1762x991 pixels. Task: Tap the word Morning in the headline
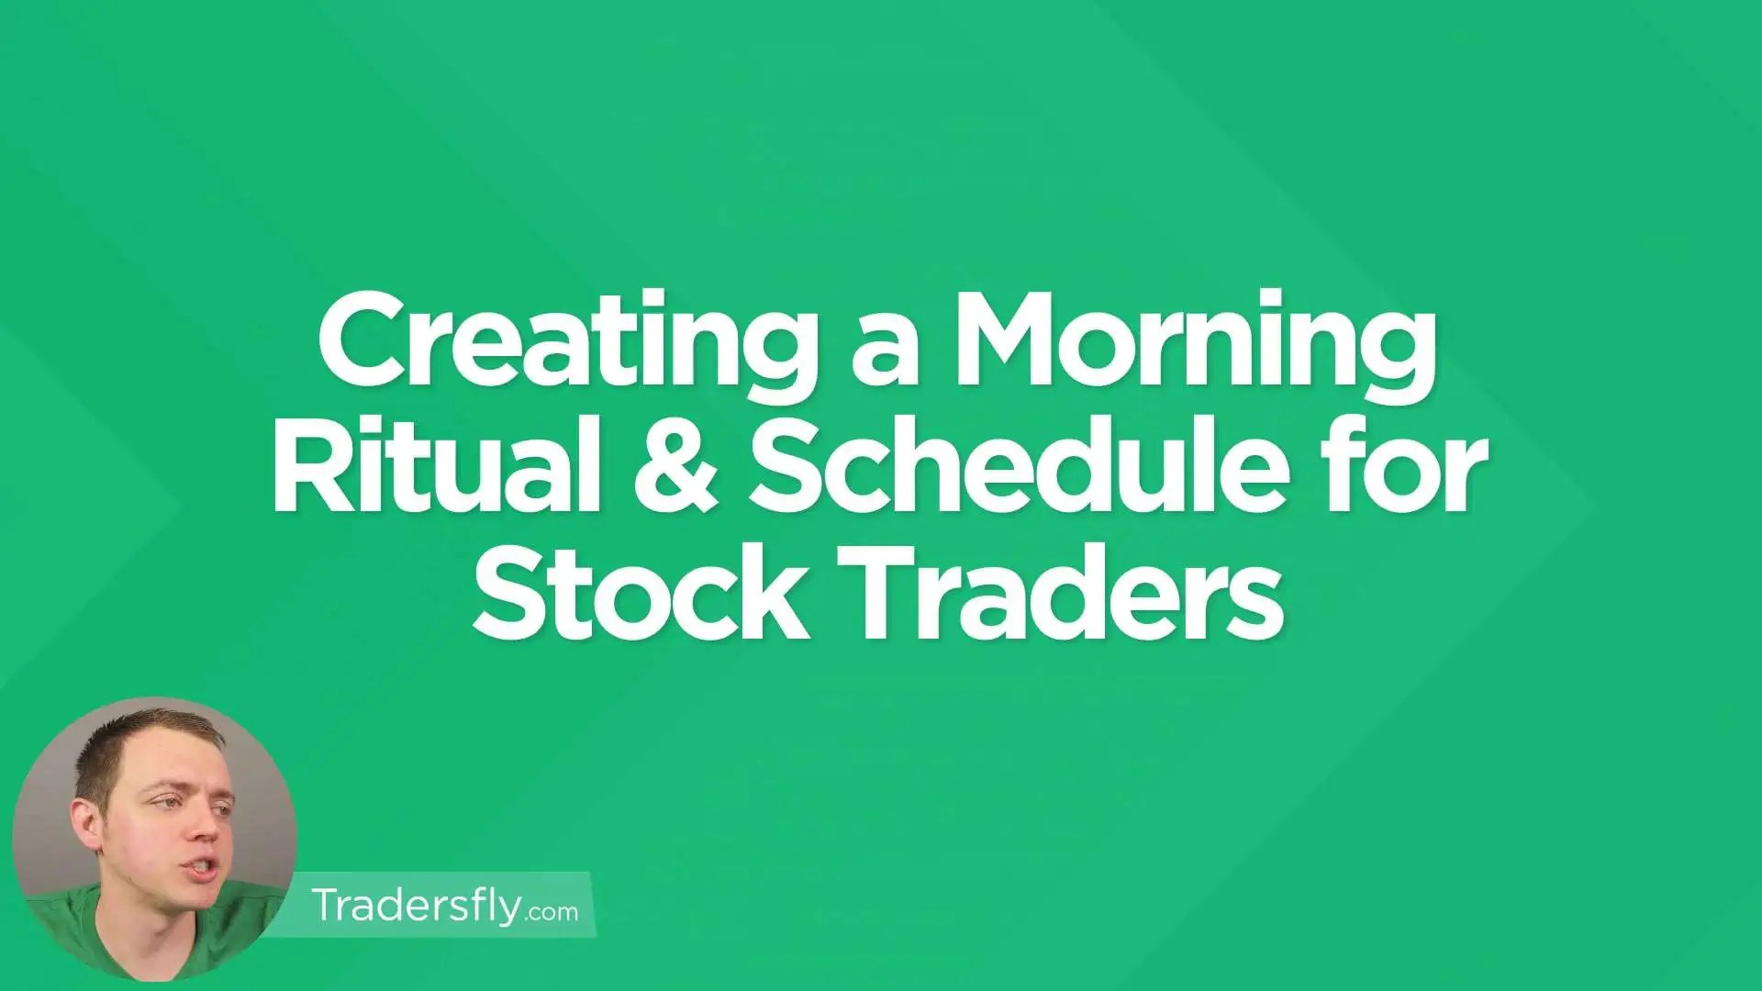click(x=1193, y=349)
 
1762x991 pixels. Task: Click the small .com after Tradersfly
click(x=553, y=911)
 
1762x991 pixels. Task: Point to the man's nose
click(x=204, y=830)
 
